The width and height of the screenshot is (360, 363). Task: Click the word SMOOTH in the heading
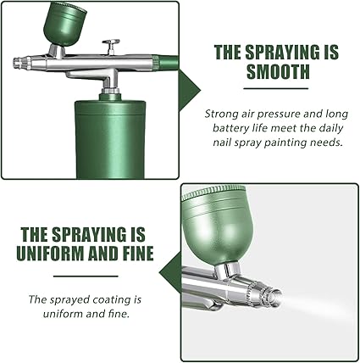coord(278,71)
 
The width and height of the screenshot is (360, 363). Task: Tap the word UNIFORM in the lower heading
coord(50,253)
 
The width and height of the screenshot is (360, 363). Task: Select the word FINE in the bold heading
coord(138,253)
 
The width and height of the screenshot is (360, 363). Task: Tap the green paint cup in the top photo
coord(64,23)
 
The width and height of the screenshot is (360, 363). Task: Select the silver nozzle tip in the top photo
coord(22,63)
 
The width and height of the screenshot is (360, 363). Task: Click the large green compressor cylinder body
coord(110,138)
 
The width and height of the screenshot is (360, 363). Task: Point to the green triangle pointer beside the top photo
coord(189,91)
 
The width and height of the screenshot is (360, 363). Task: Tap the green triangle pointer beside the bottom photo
coord(170,273)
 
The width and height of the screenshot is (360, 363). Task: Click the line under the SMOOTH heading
coord(276,88)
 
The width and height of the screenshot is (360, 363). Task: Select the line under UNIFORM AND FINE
coord(86,276)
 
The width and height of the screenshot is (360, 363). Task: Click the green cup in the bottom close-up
coord(217,225)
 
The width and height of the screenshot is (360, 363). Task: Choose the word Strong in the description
coord(218,114)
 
